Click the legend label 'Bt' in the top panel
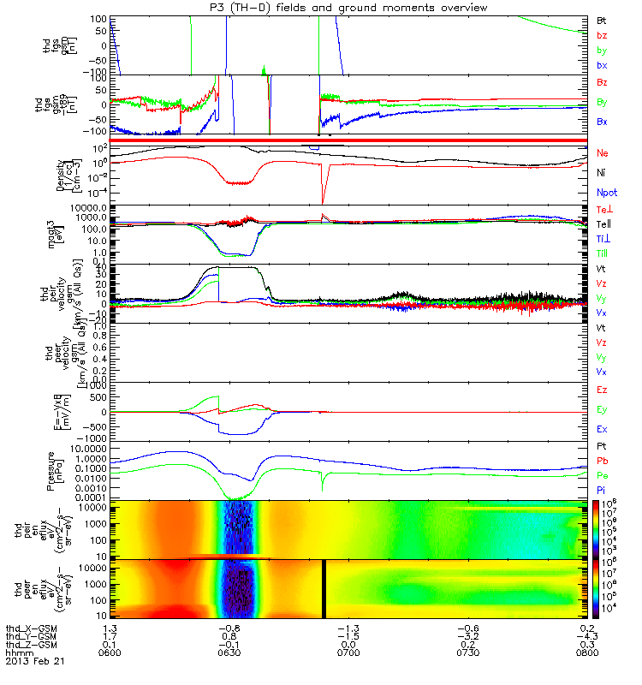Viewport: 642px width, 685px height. point(602,18)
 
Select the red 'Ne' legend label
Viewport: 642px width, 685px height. point(603,152)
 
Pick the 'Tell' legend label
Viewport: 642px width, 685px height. point(604,224)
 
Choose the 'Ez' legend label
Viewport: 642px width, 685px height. point(603,390)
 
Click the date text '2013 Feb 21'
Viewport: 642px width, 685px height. point(35,662)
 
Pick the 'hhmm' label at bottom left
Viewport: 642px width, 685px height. point(17,653)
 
